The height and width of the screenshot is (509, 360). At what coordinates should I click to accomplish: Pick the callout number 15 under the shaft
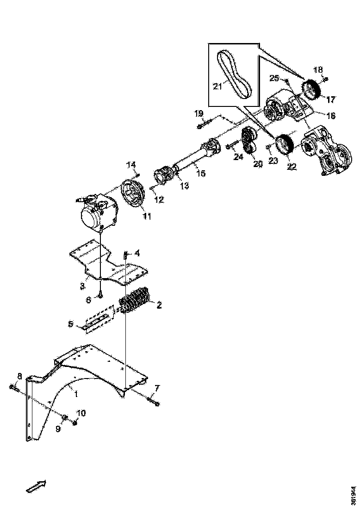(x=200, y=174)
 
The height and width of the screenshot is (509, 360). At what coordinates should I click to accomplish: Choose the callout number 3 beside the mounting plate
(x=82, y=286)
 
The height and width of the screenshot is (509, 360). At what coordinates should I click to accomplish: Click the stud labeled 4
(x=125, y=255)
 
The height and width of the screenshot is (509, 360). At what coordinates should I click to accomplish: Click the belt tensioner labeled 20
(x=250, y=141)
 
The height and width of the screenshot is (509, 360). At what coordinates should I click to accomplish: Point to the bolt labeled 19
(x=204, y=124)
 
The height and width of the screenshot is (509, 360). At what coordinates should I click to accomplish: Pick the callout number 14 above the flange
(x=131, y=165)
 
